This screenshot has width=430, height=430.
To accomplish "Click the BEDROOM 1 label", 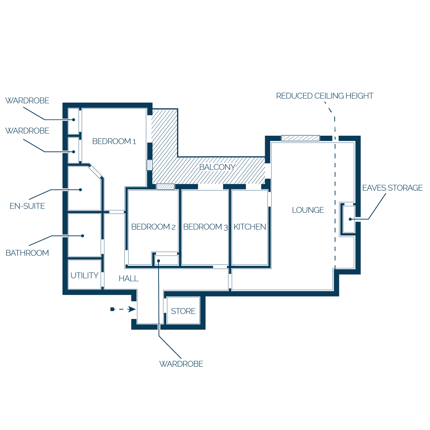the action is click(114, 141).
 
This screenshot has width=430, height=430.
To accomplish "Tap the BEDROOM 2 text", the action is click(153, 227).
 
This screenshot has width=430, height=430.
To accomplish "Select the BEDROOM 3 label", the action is click(206, 227).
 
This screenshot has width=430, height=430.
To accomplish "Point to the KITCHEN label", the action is click(250, 227).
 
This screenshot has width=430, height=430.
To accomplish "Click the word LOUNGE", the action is click(308, 210).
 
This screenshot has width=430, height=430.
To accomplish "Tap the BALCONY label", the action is click(217, 167).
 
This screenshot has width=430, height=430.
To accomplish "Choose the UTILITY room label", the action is click(84, 275).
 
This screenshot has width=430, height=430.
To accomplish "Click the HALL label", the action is click(129, 279).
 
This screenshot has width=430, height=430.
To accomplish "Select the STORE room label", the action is click(183, 311).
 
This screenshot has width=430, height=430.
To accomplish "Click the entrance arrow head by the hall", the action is click(132, 309).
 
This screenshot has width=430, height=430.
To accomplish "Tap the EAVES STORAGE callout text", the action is click(393, 188).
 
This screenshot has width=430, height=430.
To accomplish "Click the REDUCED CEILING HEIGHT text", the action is click(325, 96).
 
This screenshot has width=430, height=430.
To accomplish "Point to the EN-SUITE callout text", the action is click(27, 206).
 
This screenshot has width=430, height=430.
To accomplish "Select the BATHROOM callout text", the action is click(27, 253).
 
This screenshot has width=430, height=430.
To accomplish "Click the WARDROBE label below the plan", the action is click(181, 364).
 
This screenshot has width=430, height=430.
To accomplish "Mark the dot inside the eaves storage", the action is click(350, 219).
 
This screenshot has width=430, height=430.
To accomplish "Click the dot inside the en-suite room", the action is click(80, 190).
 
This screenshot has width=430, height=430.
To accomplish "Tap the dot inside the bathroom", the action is click(83, 236).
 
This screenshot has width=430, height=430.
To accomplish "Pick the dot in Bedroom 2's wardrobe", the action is click(159, 261).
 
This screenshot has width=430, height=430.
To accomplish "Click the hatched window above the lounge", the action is click(300, 138).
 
